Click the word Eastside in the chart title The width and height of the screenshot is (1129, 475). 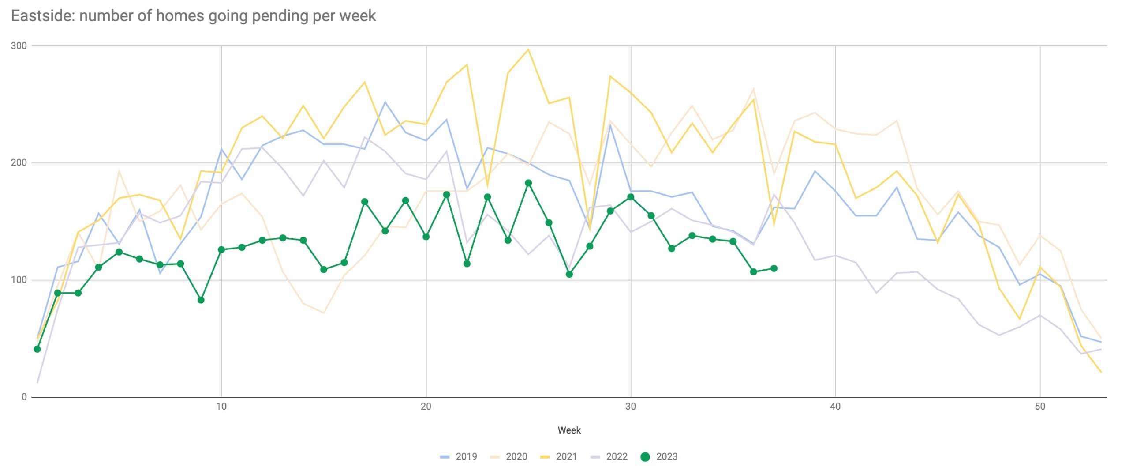[x=42, y=16]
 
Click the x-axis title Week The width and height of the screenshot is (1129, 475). [x=569, y=430]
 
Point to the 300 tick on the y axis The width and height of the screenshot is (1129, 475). [x=19, y=46]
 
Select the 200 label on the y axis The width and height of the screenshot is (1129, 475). [x=19, y=163]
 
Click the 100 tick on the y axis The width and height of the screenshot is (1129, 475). [x=19, y=280]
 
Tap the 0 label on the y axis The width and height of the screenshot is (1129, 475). [x=24, y=397]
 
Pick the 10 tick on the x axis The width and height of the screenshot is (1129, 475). [x=221, y=407]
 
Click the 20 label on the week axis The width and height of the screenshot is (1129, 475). [x=426, y=407]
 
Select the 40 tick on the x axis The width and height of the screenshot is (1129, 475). [x=835, y=407]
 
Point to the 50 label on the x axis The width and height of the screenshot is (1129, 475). [x=1040, y=407]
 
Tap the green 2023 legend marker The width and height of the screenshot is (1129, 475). [x=645, y=457]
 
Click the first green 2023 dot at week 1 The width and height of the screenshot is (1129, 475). [x=37, y=349]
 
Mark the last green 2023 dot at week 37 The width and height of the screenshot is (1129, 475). [x=774, y=268]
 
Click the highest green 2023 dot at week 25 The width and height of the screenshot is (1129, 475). [x=528, y=183]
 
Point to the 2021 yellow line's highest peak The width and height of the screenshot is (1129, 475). [x=528, y=49]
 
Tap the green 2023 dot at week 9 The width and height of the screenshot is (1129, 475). [x=201, y=300]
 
